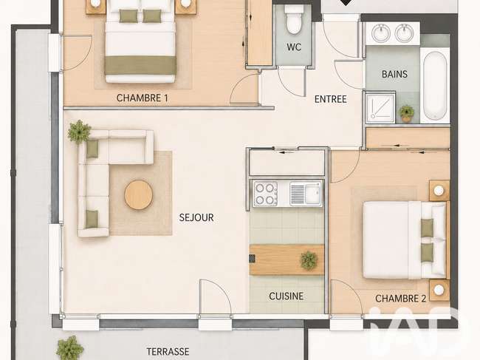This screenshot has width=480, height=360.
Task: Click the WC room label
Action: pyautogui.click(x=294, y=47)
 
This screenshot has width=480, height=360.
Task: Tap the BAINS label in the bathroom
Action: pyautogui.click(x=394, y=74)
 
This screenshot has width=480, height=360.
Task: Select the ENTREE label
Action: pyautogui.click(x=331, y=99)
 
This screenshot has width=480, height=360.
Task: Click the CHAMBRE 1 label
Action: pyautogui.click(x=143, y=98)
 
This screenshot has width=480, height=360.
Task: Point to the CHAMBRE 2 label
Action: pyautogui.click(x=401, y=299)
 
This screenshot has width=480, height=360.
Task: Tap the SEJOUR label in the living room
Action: pyautogui.click(x=196, y=217)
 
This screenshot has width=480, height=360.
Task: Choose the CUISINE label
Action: pyautogui.click(x=287, y=296)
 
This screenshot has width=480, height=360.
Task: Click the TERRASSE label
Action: pyautogui.click(x=168, y=351)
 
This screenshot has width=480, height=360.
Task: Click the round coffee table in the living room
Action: pyautogui.click(x=138, y=195)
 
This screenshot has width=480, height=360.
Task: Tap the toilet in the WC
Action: pyautogui.click(x=294, y=19)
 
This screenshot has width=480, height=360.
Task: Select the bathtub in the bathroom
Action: pyautogui.click(x=435, y=86)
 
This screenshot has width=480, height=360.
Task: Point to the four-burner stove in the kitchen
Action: pyautogui.click(x=265, y=194)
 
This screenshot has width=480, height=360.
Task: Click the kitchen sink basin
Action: pyautogui.click(x=313, y=194)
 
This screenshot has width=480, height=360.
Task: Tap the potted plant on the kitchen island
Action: pyautogui.click(x=309, y=260)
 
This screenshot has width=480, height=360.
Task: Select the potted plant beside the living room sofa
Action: pyautogui.click(x=79, y=132)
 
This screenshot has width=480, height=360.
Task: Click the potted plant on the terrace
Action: pyautogui.click(x=70, y=349)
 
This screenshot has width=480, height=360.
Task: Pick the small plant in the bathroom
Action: pyautogui.click(x=407, y=113)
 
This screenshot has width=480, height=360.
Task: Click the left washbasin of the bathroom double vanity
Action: pyautogui.click(x=381, y=33)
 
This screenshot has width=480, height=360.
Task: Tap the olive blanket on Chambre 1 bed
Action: pyautogui.click(x=140, y=65)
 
